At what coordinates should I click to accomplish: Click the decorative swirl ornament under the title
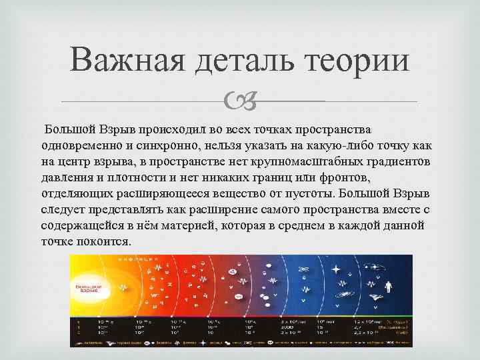(239, 101)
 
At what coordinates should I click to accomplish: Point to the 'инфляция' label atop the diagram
(133, 259)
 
